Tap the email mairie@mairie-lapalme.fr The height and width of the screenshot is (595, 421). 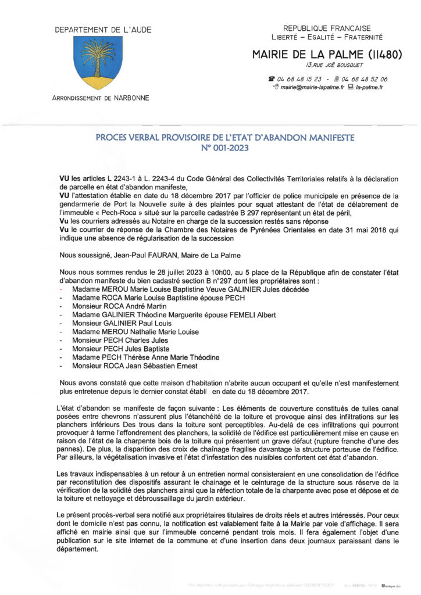point(312,87)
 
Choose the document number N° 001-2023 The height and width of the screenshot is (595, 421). point(224,148)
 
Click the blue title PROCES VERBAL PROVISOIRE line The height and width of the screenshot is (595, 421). point(224,138)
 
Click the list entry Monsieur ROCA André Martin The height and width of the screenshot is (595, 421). point(116,306)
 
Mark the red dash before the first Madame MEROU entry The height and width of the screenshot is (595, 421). point(62,289)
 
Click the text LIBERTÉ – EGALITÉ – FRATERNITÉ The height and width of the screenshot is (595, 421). point(326,37)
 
